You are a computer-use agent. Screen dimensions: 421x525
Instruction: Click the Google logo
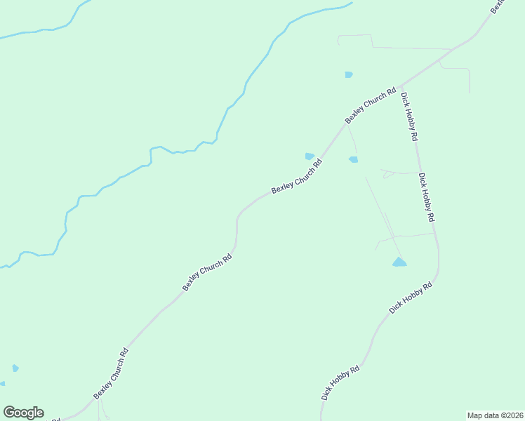(23, 413)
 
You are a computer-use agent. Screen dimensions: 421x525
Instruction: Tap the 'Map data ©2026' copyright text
(494, 415)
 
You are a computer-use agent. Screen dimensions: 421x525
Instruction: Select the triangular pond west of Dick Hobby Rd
(399, 262)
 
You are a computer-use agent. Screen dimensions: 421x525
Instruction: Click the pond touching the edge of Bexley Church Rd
(310, 156)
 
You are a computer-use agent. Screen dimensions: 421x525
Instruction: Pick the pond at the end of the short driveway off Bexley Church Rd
(354, 159)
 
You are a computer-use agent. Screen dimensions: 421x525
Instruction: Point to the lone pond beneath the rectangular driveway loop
(349, 74)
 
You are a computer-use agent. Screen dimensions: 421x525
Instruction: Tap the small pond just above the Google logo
(15, 368)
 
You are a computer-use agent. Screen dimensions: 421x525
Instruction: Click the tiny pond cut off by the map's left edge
(2, 384)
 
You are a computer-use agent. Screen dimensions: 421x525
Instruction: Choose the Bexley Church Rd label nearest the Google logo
(111, 374)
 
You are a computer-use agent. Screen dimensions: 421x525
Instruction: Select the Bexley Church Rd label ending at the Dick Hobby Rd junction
(371, 105)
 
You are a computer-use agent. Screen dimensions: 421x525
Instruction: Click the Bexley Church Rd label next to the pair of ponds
(297, 176)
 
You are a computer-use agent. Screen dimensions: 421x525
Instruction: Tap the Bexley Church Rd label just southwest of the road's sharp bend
(207, 273)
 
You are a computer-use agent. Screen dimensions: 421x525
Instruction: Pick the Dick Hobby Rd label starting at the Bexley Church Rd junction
(409, 117)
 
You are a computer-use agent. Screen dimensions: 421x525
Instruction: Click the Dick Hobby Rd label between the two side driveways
(426, 198)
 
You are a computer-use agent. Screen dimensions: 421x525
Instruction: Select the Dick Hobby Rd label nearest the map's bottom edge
(340, 382)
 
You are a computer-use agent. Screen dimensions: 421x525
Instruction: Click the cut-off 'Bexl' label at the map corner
(499, 6)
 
